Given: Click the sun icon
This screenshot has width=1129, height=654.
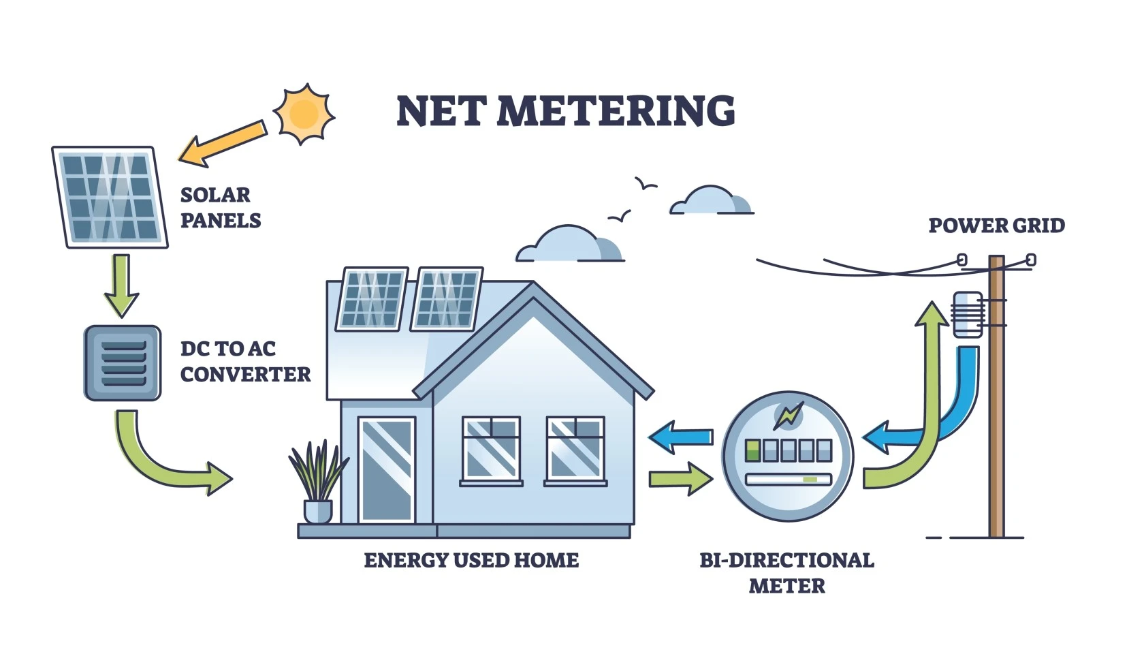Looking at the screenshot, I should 304,113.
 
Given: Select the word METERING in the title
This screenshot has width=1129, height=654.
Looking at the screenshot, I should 616,111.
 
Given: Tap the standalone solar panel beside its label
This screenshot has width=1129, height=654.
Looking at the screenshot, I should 109,196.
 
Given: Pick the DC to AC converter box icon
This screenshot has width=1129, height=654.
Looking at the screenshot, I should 123,363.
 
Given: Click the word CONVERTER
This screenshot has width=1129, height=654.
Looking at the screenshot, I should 245,375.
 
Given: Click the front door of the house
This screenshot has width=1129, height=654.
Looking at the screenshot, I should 386,470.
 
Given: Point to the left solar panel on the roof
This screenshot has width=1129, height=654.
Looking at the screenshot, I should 372,299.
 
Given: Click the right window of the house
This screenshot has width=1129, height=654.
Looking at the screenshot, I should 575,448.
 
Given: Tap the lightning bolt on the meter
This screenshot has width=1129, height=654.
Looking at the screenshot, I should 789,416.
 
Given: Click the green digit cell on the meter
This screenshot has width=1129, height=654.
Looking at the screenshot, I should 752,450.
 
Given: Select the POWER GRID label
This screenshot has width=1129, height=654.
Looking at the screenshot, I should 996,225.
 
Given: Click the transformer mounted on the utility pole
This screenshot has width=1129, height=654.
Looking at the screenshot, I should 967,314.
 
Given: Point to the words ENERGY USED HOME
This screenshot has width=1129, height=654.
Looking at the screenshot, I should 471,561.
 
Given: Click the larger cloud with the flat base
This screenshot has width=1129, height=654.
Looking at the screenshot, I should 569,245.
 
